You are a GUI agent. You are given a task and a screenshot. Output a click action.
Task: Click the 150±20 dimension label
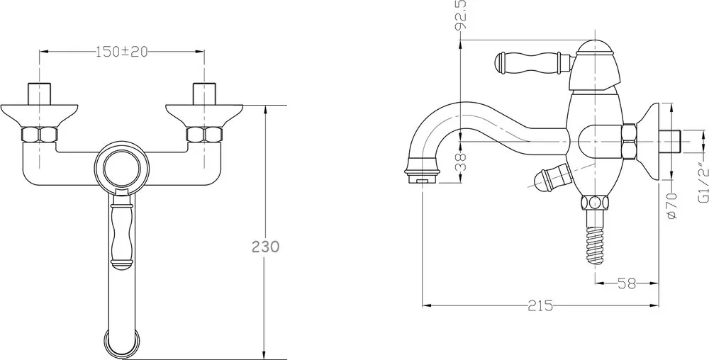tap(122, 52)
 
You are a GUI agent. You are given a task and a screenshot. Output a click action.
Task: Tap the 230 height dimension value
tap(265, 247)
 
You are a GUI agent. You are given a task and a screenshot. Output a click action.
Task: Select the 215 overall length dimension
tap(540, 306)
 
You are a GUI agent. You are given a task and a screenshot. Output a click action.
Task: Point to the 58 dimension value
tap(627, 283)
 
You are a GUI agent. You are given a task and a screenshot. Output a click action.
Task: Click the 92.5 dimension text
tap(461, 14)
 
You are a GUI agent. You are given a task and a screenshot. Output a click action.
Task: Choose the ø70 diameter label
tap(672, 206)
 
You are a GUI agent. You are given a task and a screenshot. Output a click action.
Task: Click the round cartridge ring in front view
tap(122, 169)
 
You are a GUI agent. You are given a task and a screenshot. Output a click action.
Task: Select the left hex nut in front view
tap(40, 135)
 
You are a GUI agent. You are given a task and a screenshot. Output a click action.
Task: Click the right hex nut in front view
tap(204, 135)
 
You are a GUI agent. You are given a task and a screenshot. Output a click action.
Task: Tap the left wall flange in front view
tap(39, 116)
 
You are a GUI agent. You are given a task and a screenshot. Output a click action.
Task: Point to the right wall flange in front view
tap(204, 116)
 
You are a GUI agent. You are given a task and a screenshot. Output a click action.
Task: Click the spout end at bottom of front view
tap(122, 342)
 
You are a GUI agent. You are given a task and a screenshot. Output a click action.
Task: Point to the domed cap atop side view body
tap(595, 47)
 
